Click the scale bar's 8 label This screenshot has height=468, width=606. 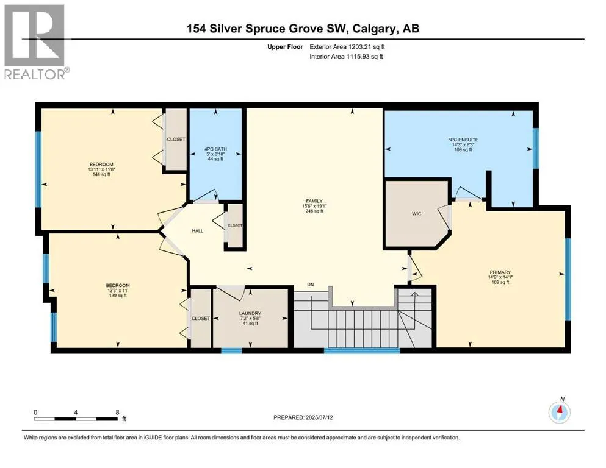click(x=117, y=412)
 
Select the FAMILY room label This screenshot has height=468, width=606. click(x=314, y=201)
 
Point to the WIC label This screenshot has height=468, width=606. click(x=417, y=214)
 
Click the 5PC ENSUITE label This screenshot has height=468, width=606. click(x=463, y=140)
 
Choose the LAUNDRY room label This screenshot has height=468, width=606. click(x=250, y=314)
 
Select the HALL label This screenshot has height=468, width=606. click(x=197, y=231)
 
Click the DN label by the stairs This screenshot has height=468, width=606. click(x=311, y=284)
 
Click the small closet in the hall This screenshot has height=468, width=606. click(x=235, y=225)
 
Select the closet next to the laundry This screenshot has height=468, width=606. click(x=201, y=319)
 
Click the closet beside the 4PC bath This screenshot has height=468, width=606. click(x=176, y=140)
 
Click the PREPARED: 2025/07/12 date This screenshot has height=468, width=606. click(x=306, y=417)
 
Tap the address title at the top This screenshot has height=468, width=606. click(x=303, y=29)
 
